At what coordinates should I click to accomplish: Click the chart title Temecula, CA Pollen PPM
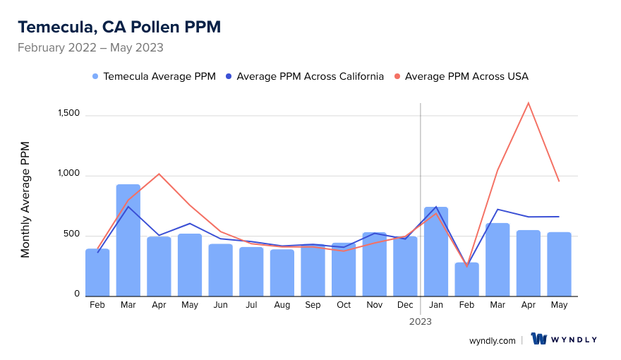119,27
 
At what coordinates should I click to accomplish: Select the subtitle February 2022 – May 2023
90,48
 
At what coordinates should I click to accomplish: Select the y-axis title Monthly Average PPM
25,199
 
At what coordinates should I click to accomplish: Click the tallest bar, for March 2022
128,240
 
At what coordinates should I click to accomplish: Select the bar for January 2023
436,251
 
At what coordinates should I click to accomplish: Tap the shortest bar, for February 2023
466,280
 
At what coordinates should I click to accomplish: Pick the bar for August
282,272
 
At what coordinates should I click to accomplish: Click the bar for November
374,264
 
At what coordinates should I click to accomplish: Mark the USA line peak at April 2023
529,103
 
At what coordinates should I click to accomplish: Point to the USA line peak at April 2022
159,174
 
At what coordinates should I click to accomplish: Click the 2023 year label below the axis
421,321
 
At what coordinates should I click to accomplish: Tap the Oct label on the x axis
344,305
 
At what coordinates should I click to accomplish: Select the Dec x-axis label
405,305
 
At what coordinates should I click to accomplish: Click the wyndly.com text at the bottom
493,340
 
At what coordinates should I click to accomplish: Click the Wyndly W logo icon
540,339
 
